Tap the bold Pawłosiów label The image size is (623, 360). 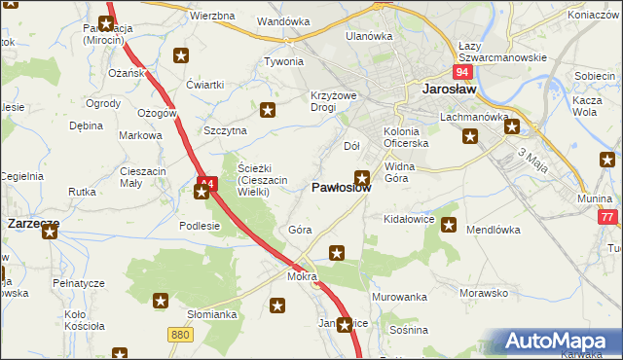coord(341,188)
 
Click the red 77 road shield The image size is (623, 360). coord(607,218)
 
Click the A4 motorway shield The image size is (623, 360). coord(205,181)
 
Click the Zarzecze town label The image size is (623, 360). coord(33,223)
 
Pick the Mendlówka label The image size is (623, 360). coord(495,231)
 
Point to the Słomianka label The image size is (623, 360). coord(212,314)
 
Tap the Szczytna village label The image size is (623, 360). coord(226,130)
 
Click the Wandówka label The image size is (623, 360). coord(283,20)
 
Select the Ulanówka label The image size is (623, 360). coord(369,36)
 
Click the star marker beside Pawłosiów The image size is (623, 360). coord(362,178)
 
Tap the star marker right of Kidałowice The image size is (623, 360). coord(449,226)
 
